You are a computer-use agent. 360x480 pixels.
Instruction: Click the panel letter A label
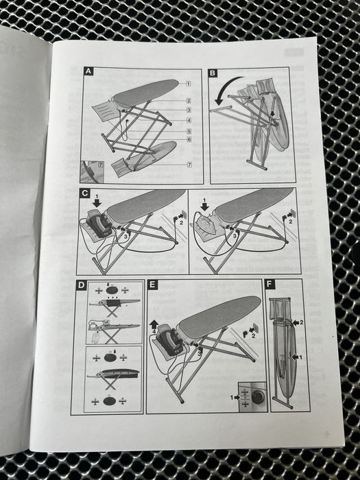click(x=88, y=71)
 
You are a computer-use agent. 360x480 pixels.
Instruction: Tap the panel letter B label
click(x=213, y=73)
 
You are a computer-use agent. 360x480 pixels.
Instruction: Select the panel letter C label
click(x=84, y=193)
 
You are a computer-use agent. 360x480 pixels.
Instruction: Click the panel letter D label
click(x=81, y=285)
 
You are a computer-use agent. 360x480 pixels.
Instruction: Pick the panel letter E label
click(x=152, y=285)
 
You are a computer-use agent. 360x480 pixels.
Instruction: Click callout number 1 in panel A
click(x=189, y=84)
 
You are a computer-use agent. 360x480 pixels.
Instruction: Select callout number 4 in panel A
click(x=189, y=121)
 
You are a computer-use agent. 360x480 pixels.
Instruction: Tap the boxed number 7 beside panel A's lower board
click(x=189, y=165)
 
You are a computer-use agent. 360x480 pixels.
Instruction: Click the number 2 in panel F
click(x=301, y=322)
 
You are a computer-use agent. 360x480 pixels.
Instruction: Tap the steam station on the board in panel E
click(x=169, y=339)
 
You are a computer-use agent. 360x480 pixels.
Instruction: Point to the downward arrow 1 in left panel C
click(x=98, y=203)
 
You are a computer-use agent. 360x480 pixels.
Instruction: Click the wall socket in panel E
click(x=256, y=328)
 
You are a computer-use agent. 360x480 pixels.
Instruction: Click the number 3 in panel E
click(x=198, y=354)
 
